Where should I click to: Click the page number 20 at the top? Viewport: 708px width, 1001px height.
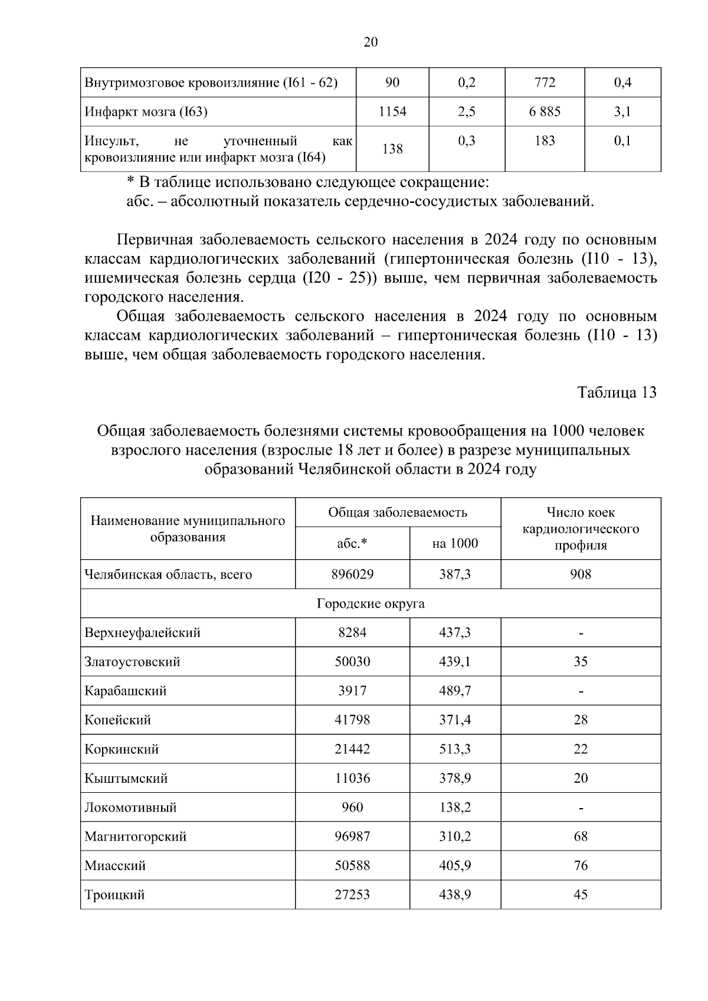pos(371,42)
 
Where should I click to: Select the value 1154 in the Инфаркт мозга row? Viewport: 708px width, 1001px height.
pos(392,111)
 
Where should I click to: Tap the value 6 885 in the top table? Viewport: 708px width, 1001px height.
pos(545,111)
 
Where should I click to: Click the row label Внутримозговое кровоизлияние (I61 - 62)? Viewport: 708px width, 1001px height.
pos(211,83)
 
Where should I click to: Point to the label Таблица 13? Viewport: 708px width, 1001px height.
pos(617,393)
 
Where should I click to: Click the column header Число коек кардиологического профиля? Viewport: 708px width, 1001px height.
pos(581,529)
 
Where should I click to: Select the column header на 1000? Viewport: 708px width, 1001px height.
pos(455,543)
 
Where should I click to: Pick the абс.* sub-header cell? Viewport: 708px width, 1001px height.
pos(352,543)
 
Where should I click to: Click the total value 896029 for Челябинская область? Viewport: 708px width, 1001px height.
pos(352,575)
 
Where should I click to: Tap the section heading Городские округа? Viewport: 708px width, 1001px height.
pos(371,604)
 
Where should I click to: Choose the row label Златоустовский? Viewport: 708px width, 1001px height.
pos(132,662)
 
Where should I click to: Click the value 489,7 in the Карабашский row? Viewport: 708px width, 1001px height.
pos(455,691)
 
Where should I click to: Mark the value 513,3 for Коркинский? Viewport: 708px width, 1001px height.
pos(455,749)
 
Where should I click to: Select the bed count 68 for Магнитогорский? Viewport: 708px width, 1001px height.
pos(581,836)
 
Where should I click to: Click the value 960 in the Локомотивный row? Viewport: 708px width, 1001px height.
pos(352,808)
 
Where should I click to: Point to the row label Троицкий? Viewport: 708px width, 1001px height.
pos(114,895)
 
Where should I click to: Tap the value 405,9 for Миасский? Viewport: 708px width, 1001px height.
pos(455,866)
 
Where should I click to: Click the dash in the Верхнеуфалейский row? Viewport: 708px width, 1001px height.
pos(581,634)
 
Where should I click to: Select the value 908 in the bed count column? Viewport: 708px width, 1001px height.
pos(581,575)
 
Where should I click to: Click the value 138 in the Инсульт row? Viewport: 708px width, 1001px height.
pos(392,149)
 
